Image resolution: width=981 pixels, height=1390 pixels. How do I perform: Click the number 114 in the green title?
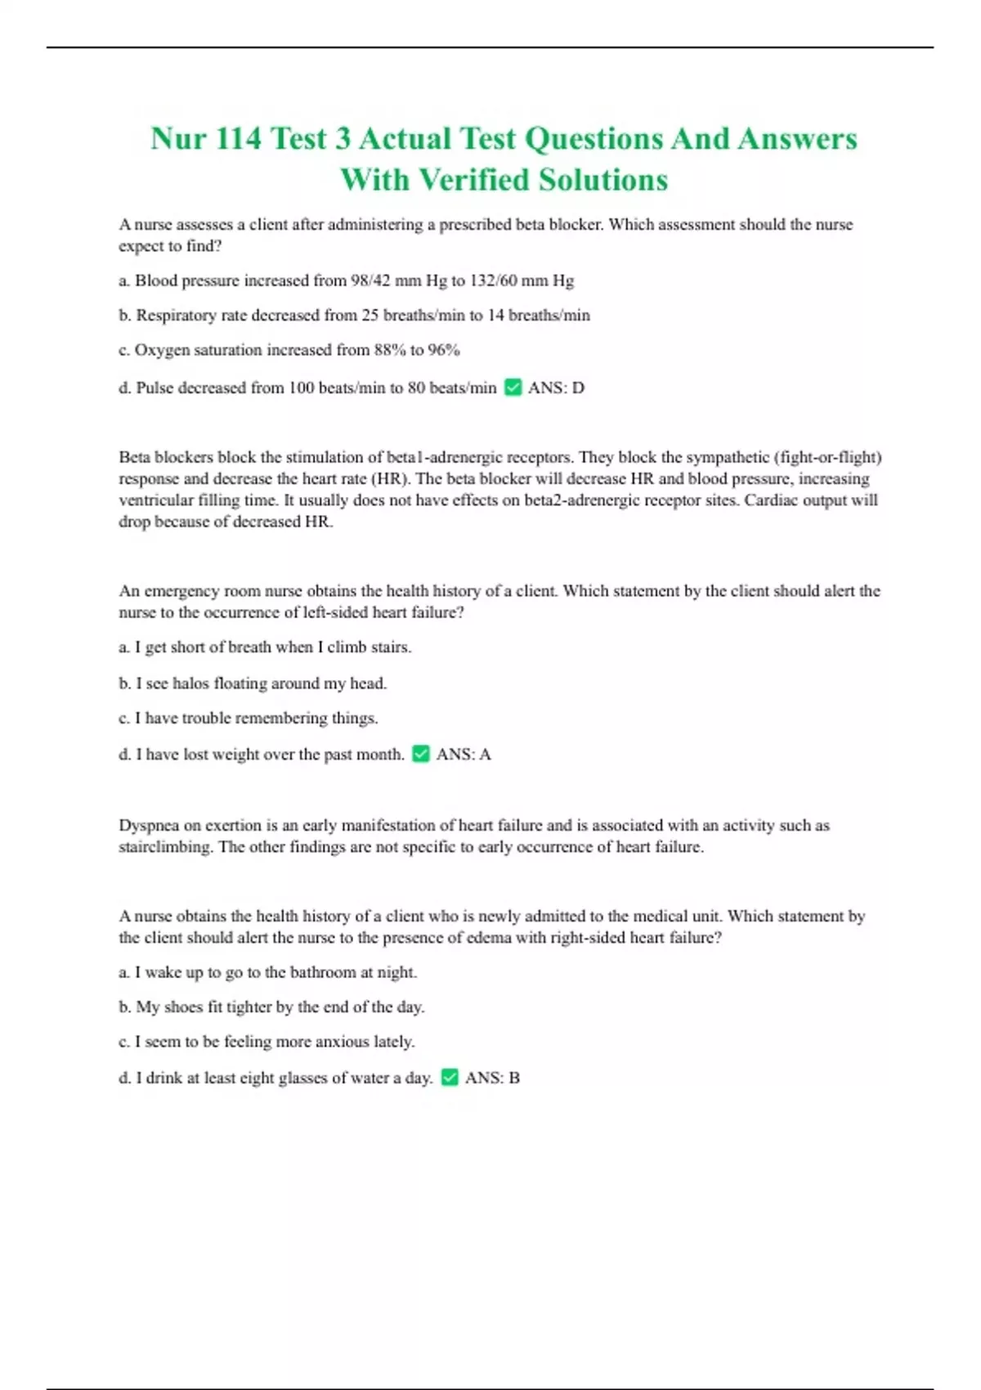click(238, 138)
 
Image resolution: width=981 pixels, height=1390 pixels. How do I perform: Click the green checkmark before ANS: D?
click(513, 388)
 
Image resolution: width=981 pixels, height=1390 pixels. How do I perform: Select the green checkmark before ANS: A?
click(421, 754)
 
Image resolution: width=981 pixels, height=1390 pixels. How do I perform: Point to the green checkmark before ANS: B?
click(450, 1078)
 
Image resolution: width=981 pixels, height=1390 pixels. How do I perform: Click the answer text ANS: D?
click(556, 388)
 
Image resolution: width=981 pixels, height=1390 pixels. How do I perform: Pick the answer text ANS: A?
click(464, 754)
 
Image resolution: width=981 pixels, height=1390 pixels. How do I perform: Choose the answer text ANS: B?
click(492, 1078)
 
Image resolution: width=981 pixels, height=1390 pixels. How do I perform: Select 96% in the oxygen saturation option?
click(443, 350)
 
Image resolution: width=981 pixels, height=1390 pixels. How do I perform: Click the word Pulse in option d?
click(155, 388)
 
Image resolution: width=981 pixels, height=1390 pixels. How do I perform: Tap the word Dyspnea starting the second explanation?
click(148, 825)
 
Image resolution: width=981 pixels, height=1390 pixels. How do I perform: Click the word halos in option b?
click(190, 683)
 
